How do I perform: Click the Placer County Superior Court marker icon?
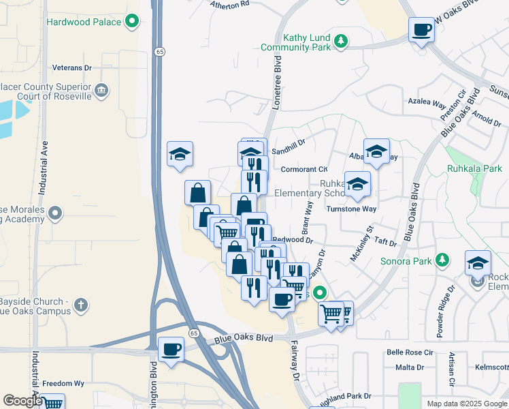(x=101, y=89)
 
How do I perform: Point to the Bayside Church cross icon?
(x=81, y=305)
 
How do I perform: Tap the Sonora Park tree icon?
(x=443, y=260)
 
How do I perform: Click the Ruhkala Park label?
(x=474, y=168)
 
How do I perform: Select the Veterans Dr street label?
(x=71, y=68)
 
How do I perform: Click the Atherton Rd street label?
(x=230, y=5)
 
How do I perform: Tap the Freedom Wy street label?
(x=63, y=384)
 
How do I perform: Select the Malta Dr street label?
(x=410, y=367)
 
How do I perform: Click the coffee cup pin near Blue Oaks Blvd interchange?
(x=171, y=350)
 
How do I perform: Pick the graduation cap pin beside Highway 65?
(x=180, y=154)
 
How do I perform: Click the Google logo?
(x=22, y=401)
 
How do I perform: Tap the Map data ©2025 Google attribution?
(x=467, y=404)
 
